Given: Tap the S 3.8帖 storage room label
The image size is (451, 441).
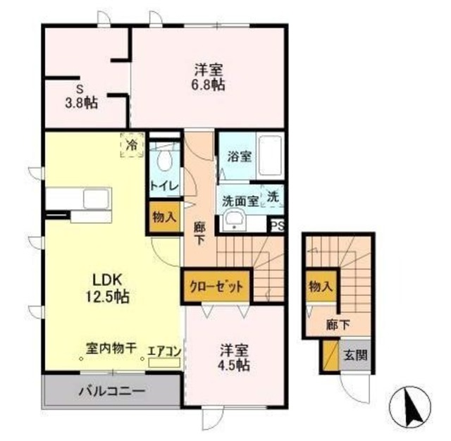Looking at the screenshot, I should [x=82, y=97].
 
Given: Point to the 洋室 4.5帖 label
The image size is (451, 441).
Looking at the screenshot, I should [x=233, y=357].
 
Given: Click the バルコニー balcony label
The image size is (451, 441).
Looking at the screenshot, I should [x=111, y=390].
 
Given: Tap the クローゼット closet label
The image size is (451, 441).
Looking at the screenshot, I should [x=218, y=287].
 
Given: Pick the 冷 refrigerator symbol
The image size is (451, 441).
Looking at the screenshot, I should [x=132, y=144].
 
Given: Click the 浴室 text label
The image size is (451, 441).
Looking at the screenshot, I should [x=237, y=157].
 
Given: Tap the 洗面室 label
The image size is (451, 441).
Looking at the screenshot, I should [x=237, y=199].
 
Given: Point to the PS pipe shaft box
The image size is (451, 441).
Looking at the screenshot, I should [x=278, y=225].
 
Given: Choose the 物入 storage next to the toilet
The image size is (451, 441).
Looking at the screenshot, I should [x=164, y=217].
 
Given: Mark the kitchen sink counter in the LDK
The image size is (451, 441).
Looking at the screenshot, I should [x=78, y=199].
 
